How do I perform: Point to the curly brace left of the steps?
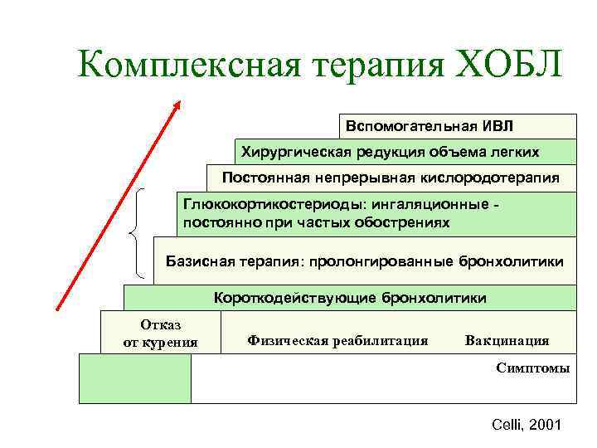(138, 232)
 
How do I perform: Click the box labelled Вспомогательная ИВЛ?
(458, 125)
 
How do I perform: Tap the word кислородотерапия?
(496, 178)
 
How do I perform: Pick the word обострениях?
(399, 222)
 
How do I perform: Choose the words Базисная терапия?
(235, 261)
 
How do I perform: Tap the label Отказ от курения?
(160, 333)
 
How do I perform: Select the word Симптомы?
(532, 368)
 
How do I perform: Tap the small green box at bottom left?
(134, 378)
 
